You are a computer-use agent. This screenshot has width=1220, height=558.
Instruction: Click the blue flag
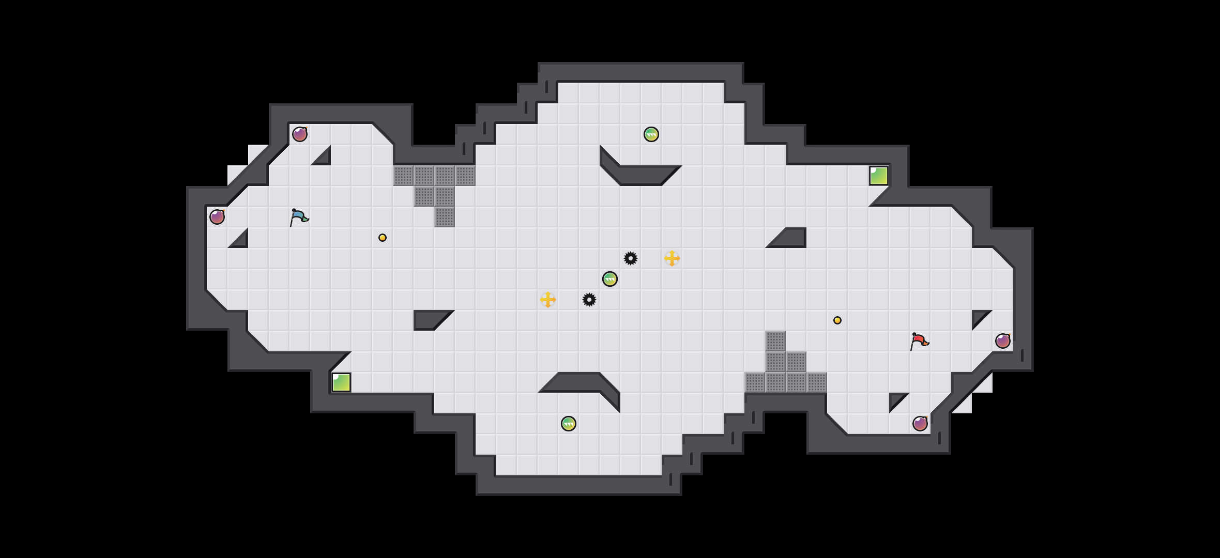299,218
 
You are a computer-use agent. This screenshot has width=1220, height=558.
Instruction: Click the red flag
919,342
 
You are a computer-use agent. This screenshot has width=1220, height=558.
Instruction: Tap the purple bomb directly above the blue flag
300,134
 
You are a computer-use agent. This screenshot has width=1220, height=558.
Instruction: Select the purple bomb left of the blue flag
217,217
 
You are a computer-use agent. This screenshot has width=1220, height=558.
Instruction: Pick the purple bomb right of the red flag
1003,341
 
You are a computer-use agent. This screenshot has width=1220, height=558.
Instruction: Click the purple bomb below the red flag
920,424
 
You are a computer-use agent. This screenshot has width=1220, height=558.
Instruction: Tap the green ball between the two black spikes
610,279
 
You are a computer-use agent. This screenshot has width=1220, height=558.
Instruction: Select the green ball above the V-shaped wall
651,134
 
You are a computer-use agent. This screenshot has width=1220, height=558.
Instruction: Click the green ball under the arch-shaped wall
569,424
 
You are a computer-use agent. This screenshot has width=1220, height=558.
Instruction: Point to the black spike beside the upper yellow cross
631,258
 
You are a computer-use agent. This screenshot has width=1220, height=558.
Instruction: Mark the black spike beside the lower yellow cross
589,300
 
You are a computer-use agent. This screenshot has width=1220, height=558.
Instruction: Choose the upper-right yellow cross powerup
672,258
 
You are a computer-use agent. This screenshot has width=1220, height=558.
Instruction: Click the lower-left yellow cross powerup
548,300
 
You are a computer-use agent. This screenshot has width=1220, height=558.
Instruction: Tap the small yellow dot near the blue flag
383,238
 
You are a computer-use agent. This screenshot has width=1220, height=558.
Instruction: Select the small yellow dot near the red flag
837,320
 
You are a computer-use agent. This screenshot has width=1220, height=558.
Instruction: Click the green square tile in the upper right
879,176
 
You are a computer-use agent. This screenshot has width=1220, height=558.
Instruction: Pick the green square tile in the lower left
341,382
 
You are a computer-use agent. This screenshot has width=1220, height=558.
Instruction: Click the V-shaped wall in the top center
641,175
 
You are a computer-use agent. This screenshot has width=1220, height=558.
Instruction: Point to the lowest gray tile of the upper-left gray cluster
445,217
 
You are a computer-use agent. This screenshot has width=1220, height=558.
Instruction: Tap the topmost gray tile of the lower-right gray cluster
775,341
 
